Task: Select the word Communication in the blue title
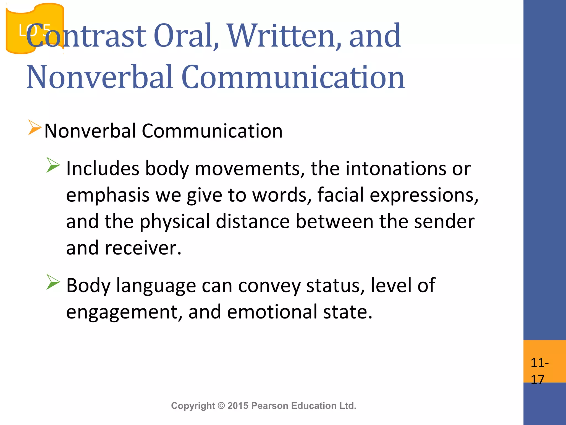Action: tap(293, 77)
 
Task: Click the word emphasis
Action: tap(108, 195)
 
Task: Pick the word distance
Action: tap(253, 221)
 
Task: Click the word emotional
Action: tap(272, 312)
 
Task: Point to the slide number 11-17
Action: tap(539, 371)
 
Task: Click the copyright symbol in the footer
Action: tap(221, 406)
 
